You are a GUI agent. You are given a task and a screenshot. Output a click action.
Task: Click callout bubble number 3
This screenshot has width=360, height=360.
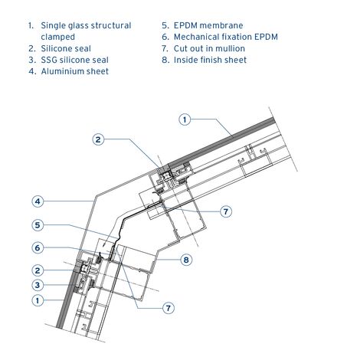(38, 285)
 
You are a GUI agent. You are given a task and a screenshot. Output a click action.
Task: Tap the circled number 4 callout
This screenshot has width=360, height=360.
(38, 201)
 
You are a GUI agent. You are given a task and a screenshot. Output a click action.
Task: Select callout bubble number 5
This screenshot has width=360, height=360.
(38, 225)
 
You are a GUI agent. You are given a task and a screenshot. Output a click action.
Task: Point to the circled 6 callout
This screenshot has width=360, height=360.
(38, 247)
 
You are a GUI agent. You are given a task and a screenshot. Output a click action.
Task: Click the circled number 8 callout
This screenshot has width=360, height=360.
(186, 260)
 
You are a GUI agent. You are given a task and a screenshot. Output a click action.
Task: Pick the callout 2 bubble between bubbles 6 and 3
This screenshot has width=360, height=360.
(38, 270)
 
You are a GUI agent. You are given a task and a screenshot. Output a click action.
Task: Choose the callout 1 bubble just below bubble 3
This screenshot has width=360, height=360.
(38, 300)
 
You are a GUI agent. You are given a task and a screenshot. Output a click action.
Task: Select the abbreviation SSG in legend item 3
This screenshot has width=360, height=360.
(49, 60)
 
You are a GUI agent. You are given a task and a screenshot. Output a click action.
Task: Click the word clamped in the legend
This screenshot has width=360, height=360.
(58, 37)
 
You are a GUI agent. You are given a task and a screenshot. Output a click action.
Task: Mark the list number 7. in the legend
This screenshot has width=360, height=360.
(165, 48)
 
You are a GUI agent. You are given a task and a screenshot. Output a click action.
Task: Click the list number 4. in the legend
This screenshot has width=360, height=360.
(33, 71)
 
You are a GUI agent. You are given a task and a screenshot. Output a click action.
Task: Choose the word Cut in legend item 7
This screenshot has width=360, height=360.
(180, 48)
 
